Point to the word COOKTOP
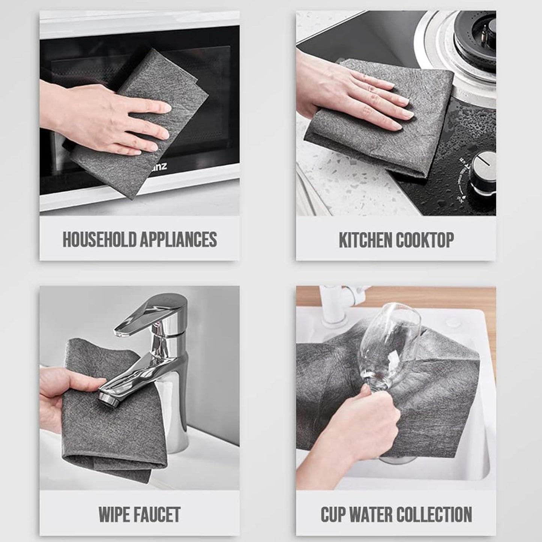pyautogui.click(x=425, y=240)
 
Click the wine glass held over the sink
pyautogui.click(x=386, y=338)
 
